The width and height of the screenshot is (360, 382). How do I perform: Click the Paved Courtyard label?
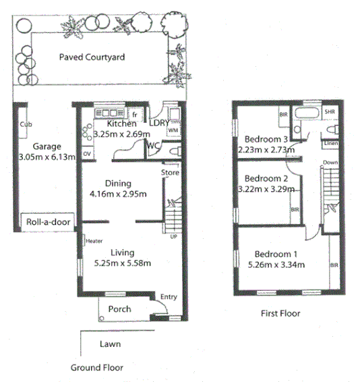coord(92,57)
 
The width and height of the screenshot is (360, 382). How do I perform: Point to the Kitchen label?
coord(122,124)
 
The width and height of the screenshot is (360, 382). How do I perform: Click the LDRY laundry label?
coord(159,124)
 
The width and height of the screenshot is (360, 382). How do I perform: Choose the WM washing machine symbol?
coord(173,130)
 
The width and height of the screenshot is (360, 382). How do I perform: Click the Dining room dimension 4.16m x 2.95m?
coord(119,195)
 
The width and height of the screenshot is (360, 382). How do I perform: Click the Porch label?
coord(119,310)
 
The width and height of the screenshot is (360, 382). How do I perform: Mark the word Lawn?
coord(110,344)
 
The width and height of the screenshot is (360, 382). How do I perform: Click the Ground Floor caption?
coord(96,368)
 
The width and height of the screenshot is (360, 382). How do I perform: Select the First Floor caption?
coord(280,313)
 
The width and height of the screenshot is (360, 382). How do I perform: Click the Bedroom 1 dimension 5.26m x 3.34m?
coord(278,265)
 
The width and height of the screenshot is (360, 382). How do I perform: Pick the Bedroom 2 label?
coord(262,178)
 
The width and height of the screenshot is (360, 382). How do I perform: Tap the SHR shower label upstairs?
coord(330,112)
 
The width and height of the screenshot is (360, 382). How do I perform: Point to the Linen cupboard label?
coord(330,144)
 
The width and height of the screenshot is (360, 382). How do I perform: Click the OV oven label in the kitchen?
coord(86,154)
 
